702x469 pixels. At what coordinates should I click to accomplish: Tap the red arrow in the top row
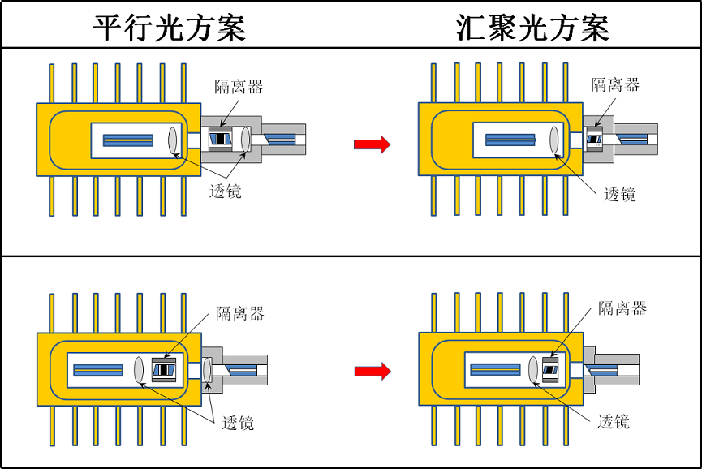coord(372,144)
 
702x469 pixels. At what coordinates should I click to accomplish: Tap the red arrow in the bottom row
coord(372,371)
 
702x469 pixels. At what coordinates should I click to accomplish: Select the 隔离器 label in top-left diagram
coord(239,87)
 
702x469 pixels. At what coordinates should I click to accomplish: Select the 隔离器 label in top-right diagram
coord(615,84)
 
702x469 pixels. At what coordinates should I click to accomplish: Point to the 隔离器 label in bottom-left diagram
coord(239,313)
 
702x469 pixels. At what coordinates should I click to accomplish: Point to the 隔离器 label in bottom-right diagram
coord(622,308)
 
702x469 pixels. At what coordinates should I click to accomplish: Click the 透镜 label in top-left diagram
coord(225,191)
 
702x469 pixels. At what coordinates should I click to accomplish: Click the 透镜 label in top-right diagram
coord(620,193)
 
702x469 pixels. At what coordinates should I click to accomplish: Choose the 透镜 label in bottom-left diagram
coord(237,423)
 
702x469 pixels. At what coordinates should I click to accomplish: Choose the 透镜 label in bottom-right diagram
coord(614,421)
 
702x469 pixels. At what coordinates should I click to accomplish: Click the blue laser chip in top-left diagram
coord(127,140)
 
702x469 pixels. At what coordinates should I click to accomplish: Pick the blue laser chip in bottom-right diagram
coord(496,369)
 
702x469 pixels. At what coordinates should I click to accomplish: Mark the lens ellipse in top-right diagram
coord(555,140)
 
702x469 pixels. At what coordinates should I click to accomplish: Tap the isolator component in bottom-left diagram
coord(165,369)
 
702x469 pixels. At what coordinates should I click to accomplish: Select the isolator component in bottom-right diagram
coord(551,369)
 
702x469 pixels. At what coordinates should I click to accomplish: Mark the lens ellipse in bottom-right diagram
coord(534,369)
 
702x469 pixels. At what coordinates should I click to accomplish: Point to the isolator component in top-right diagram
coord(594,140)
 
